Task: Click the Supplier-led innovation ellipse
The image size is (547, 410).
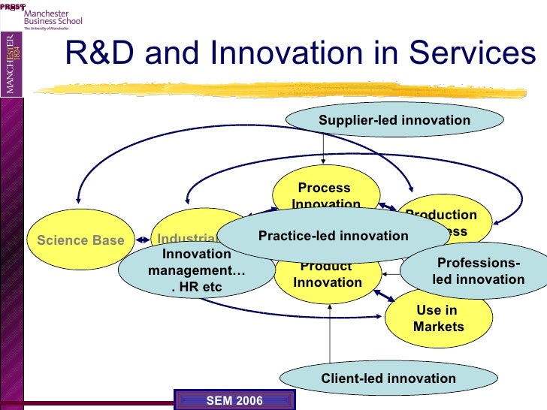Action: tap(394, 120)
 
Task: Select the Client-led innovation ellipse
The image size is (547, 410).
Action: tap(388, 378)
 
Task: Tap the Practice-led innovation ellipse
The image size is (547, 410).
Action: tap(333, 236)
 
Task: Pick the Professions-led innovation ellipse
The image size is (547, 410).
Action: tap(479, 271)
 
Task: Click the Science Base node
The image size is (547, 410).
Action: tap(75, 240)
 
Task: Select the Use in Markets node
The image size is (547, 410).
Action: tap(438, 318)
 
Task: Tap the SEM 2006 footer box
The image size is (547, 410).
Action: tap(234, 400)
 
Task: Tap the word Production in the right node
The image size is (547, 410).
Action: tap(441, 215)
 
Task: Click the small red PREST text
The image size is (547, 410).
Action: tap(13, 5)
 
